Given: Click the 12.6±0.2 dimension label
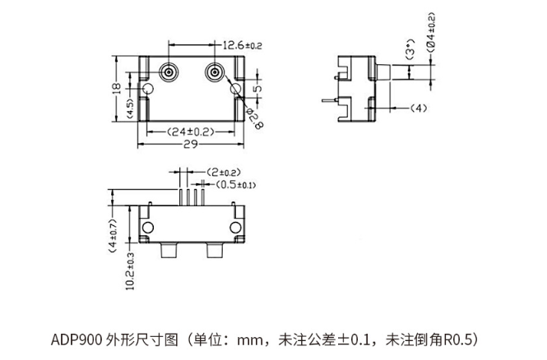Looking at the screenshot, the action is [242, 45].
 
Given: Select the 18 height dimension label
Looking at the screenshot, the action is [117, 88].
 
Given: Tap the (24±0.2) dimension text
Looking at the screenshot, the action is [191, 132].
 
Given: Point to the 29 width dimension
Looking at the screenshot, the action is [191, 145].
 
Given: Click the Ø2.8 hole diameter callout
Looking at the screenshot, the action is [255, 118].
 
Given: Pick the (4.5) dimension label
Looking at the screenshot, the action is [129, 108].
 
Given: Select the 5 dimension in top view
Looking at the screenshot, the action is [257, 88].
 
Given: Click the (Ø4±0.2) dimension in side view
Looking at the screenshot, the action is [431, 33].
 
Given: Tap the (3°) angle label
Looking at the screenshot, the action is [410, 49].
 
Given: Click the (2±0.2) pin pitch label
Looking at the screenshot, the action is [223, 172].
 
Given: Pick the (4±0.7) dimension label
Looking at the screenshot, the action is [113, 236].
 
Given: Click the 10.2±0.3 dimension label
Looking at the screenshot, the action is [130, 271].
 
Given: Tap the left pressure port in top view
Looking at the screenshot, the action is [169, 73].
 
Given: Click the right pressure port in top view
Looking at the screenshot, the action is [215, 73].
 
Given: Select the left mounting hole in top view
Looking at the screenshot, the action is [147, 89].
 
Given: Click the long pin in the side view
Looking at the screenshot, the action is [330, 100].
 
